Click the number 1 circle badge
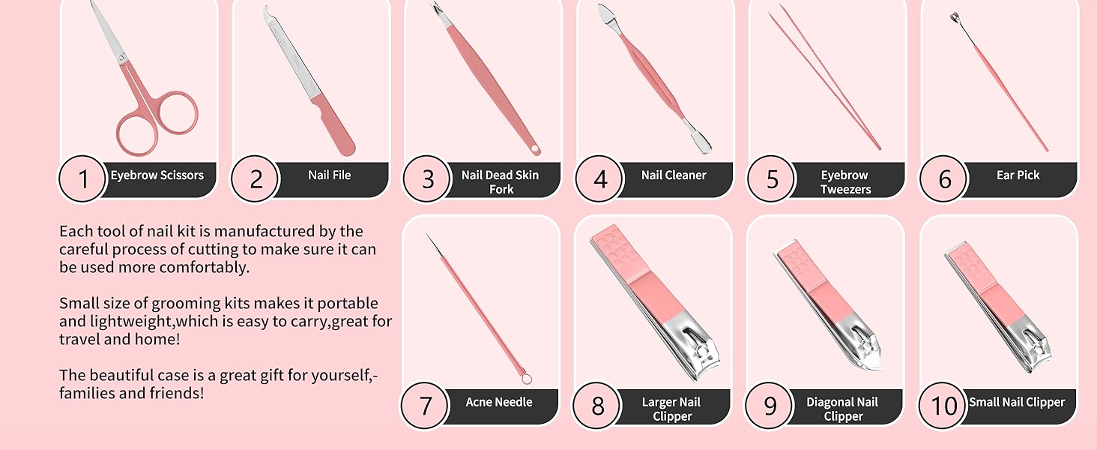pyautogui.click(x=83, y=179)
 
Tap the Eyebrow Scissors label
pyautogui.click(x=157, y=175)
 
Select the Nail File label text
pyautogui.click(x=329, y=175)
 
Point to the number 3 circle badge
pyautogui.click(x=428, y=179)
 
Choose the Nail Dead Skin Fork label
pyautogui.click(x=500, y=182)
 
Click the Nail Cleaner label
pyautogui.click(x=674, y=175)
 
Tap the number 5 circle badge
pyautogui.click(x=773, y=179)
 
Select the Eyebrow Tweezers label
pyautogui.click(x=844, y=182)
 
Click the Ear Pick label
pyautogui.click(x=1018, y=175)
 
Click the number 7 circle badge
pyautogui.click(x=426, y=406)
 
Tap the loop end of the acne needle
pyautogui.click(x=528, y=379)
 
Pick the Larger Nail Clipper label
pyautogui.click(x=671, y=409)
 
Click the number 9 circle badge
pyautogui.click(x=770, y=406)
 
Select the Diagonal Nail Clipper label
pyautogui.click(x=843, y=409)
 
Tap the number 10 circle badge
pyautogui.click(x=944, y=406)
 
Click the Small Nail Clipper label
pyautogui.click(x=1016, y=402)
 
